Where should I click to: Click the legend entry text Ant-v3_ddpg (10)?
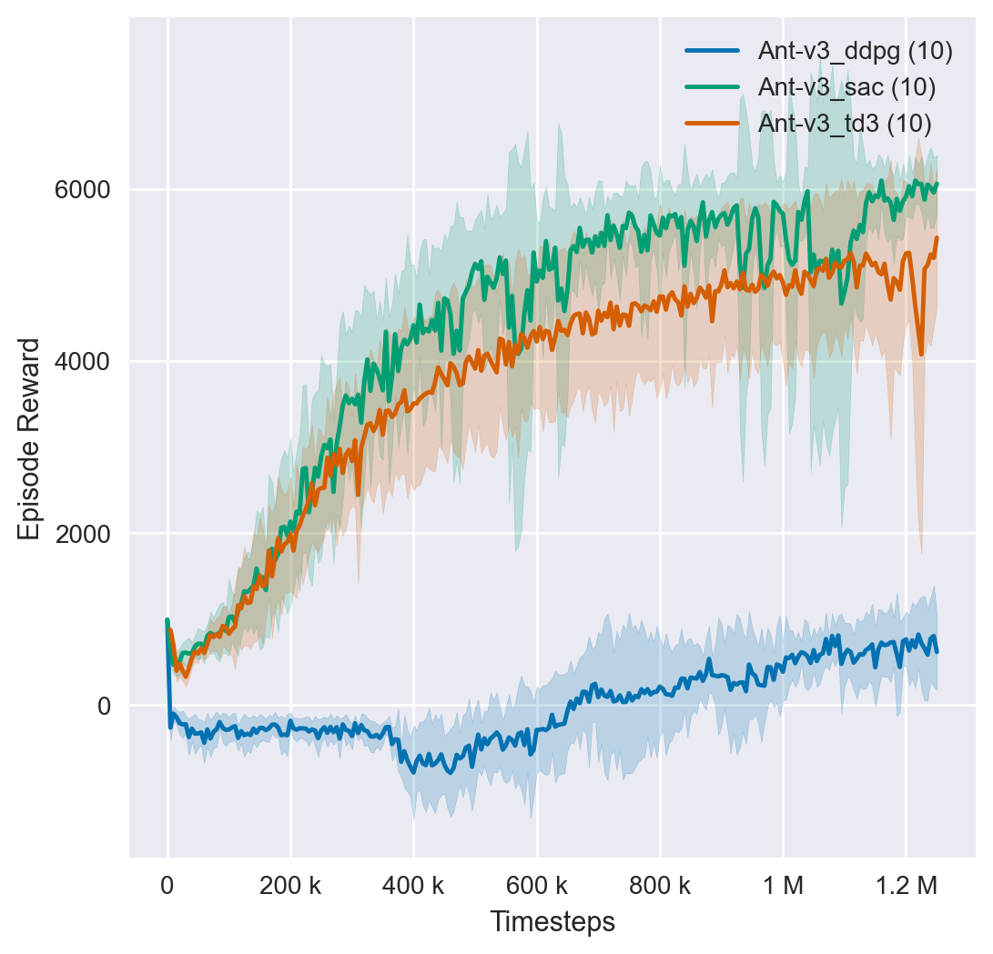tap(855, 53)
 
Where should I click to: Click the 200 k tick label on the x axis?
tap(290, 885)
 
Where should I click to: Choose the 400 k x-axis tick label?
tap(413, 885)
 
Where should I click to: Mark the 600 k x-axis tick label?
tap(537, 885)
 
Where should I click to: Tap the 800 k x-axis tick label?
tap(660, 885)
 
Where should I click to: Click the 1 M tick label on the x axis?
tap(783, 885)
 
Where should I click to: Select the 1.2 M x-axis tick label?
tap(906, 885)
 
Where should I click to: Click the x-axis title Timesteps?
tap(552, 922)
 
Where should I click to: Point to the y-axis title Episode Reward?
tap(29, 438)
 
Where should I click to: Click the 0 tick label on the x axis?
tap(167, 885)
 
